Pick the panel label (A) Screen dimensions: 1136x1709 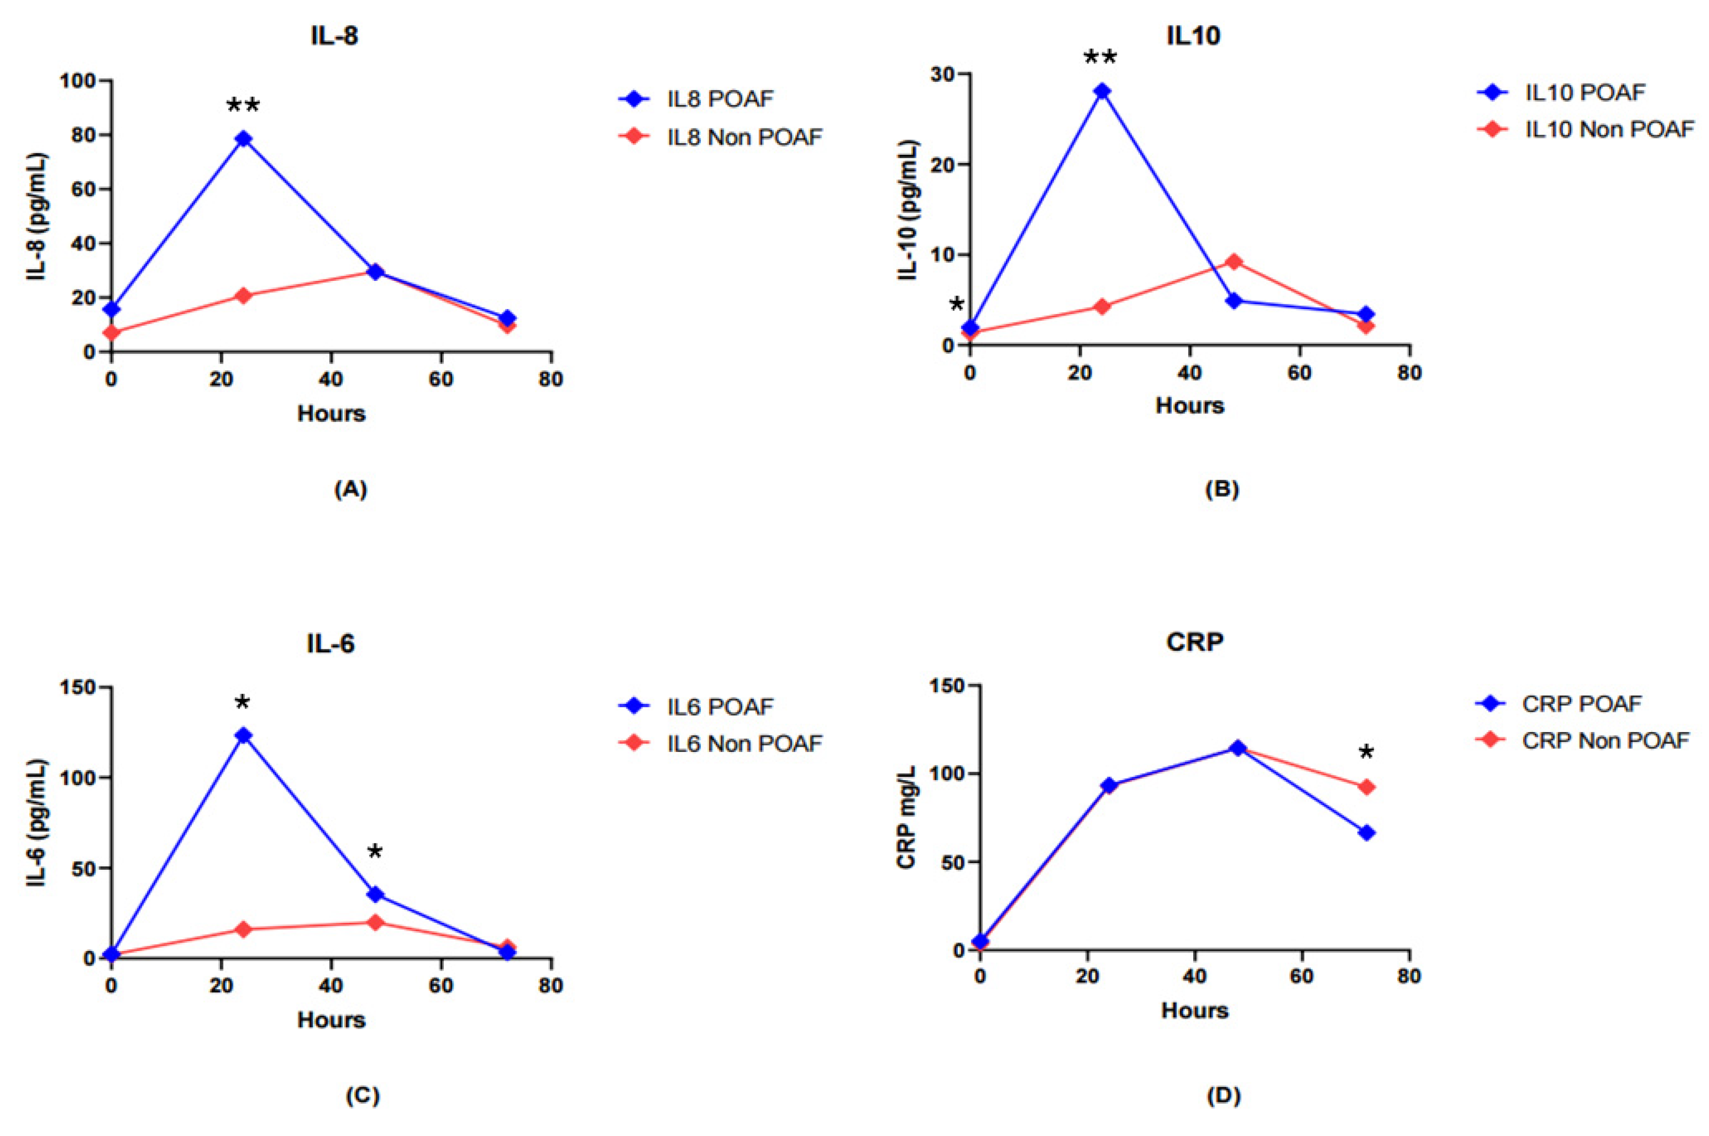point(350,489)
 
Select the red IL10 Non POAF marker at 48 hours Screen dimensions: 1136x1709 point(1235,261)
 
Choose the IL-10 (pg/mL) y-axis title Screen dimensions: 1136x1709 point(909,210)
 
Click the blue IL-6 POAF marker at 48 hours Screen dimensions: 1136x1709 point(375,894)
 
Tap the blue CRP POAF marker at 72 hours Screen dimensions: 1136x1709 point(1366,833)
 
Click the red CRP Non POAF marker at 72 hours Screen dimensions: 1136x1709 point(1366,788)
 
